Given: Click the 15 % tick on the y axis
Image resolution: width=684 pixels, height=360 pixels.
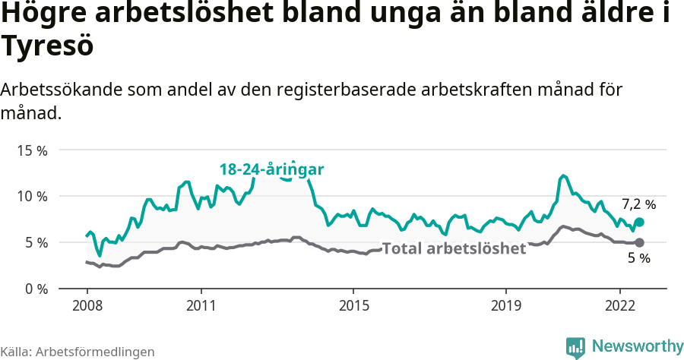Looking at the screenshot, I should point(31,150).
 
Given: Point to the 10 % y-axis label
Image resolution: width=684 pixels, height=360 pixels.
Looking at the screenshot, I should point(31,197).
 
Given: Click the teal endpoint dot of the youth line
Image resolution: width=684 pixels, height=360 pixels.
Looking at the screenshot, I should point(639,222).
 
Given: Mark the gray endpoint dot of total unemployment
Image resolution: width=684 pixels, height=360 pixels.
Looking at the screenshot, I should point(639,242).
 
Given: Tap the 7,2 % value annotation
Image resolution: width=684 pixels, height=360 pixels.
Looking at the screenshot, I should point(638,204).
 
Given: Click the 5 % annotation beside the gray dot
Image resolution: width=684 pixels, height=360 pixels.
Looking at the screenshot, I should point(638,259).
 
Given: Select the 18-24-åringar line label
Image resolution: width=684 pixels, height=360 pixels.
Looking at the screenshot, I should point(272,169).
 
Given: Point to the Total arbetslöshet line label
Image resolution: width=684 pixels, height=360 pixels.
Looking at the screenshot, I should point(454,248).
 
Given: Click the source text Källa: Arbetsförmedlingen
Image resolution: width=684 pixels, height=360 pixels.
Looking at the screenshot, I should point(78,352).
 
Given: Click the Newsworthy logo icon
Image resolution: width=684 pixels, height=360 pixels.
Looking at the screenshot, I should point(575,347).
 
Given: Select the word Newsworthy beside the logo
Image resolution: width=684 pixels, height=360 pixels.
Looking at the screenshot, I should point(637,346).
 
